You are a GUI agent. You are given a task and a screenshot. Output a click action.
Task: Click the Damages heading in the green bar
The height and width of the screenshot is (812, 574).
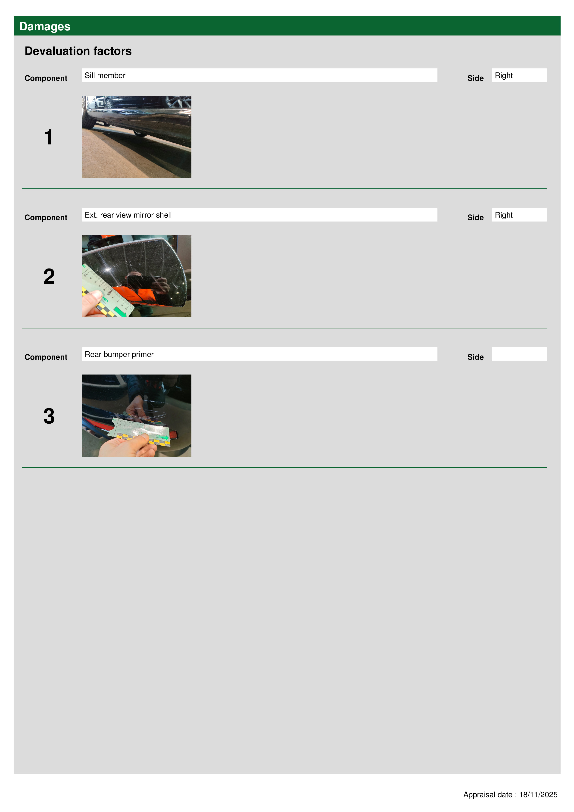tap(45, 27)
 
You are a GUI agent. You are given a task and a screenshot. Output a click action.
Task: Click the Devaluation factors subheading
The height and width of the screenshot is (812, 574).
tap(78, 51)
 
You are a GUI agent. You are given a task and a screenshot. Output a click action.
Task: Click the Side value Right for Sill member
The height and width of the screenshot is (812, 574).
tap(519, 75)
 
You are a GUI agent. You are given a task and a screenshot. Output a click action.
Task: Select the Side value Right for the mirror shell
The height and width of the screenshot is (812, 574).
tap(519, 215)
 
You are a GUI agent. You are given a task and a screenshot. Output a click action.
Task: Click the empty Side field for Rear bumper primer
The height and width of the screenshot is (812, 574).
tap(519, 354)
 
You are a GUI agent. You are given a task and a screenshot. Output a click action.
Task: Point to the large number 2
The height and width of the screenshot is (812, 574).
tap(49, 277)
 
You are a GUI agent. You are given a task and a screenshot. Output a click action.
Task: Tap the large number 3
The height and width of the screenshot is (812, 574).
tap(49, 416)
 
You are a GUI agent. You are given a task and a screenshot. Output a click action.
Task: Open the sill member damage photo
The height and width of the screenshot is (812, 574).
tap(137, 137)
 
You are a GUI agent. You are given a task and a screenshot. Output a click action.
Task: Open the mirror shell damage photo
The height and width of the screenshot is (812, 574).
tap(137, 276)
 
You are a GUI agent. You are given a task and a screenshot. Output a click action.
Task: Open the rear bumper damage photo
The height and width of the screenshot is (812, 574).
tap(137, 415)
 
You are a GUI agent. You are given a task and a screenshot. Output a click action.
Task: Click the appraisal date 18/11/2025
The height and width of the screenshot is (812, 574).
tap(538, 795)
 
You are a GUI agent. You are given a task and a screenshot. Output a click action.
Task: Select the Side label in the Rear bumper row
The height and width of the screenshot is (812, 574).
tap(475, 357)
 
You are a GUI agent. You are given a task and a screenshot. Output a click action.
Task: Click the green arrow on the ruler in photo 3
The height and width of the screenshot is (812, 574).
tap(163, 438)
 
